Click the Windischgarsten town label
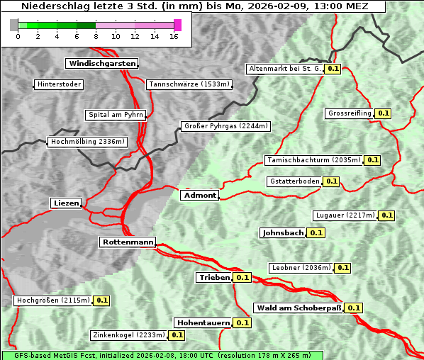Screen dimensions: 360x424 coord(101,64)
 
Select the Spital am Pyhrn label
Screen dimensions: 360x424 coord(116,114)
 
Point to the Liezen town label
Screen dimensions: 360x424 coord(66,203)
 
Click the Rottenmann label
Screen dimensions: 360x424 coord(128,242)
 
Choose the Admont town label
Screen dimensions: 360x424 coord(200,195)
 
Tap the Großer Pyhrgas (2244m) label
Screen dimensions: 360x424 coord(225,126)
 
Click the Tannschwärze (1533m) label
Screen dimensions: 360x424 coord(189,84)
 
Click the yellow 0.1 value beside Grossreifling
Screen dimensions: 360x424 coord(384,113)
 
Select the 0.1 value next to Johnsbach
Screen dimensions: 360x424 coord(316,232)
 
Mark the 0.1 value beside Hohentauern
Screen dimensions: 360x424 coord(242,322)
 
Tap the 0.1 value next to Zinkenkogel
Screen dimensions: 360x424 coord(177,335)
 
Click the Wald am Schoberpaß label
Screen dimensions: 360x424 coord(298,308)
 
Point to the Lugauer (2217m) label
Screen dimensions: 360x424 coord(345,215)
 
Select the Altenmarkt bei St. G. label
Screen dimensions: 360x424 coord(284,69)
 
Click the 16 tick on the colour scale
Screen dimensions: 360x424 coord(174,36)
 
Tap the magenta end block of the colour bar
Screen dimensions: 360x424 coord(177,25)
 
